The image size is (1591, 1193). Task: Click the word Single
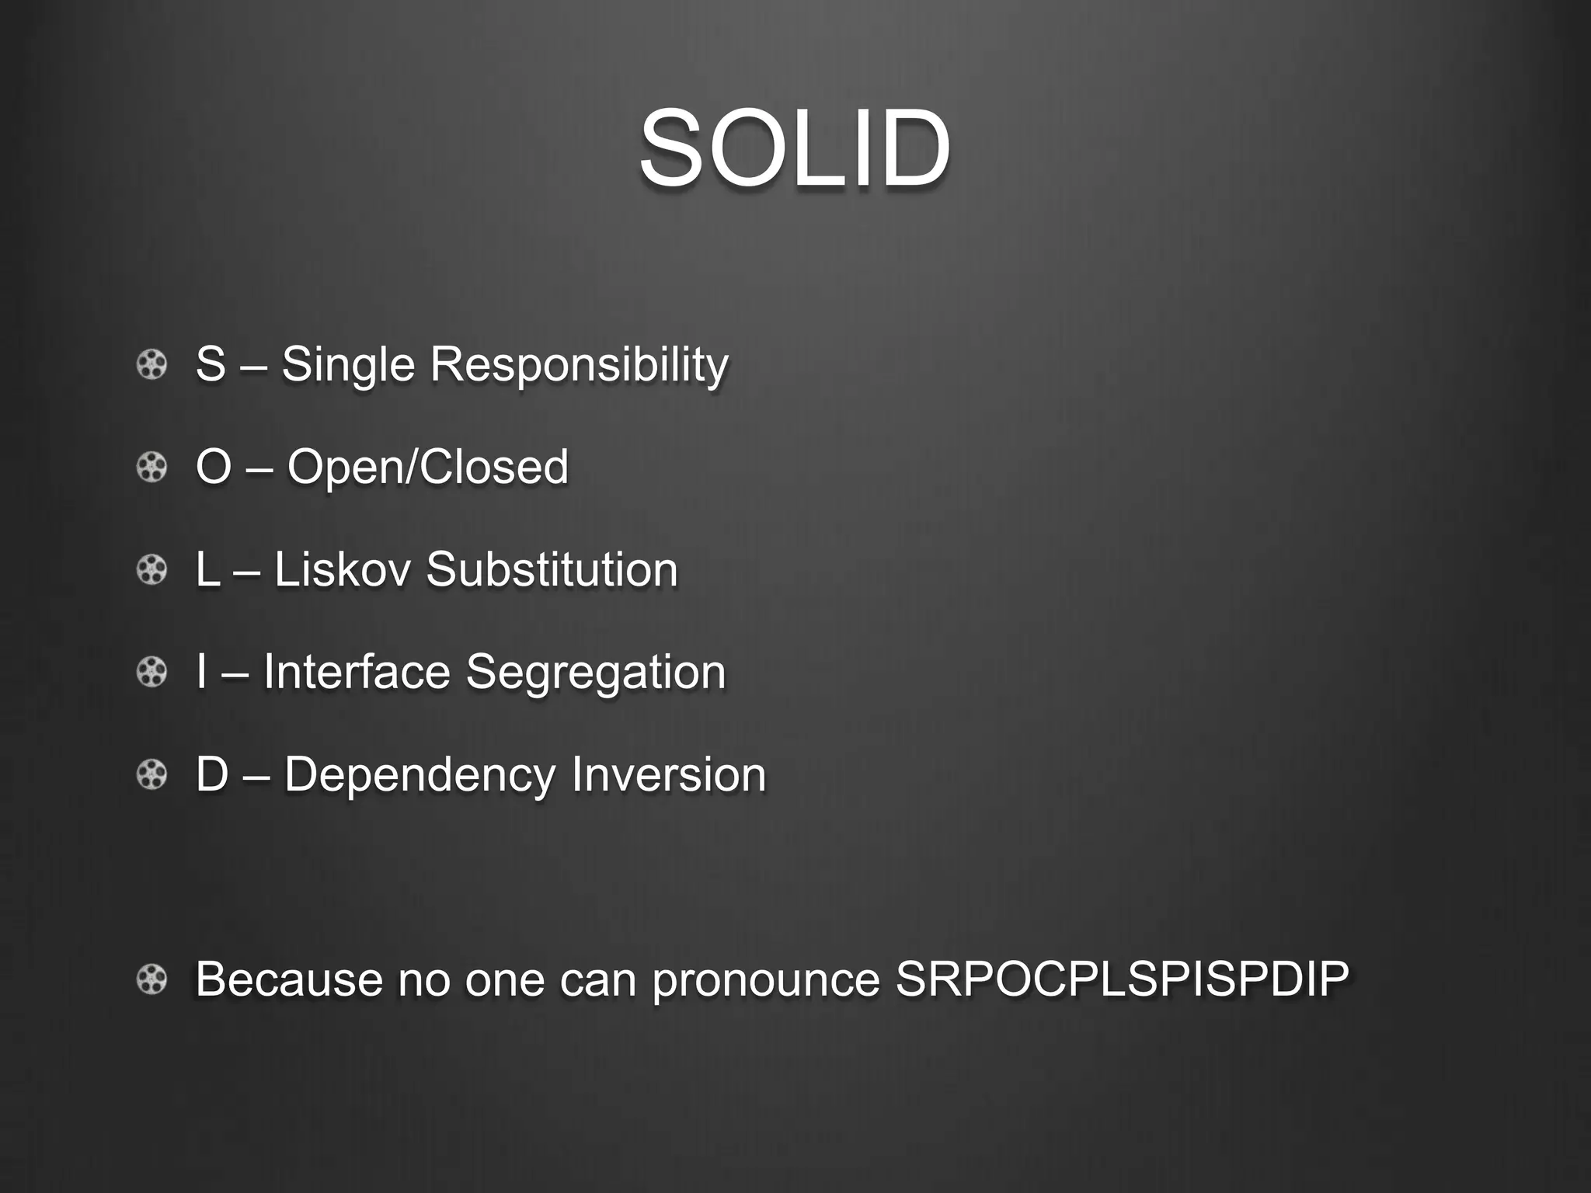348,365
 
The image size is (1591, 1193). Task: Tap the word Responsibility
579,365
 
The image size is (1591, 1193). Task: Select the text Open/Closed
428,467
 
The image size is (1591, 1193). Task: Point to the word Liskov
342,569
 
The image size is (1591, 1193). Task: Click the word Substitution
552,569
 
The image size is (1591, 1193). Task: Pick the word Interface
357,672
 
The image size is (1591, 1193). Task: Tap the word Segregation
595,673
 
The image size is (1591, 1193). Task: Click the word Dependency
421,776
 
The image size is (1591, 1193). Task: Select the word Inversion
668,774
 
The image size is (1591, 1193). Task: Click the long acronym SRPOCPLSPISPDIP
1122,979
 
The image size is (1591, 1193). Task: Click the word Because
288,979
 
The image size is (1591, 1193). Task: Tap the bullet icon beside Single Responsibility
151,365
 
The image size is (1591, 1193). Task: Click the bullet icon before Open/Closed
151,468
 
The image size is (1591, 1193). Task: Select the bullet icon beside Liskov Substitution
151,570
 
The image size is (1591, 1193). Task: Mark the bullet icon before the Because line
151,979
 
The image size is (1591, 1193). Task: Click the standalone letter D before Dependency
212,774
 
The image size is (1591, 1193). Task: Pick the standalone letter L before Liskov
207,569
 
